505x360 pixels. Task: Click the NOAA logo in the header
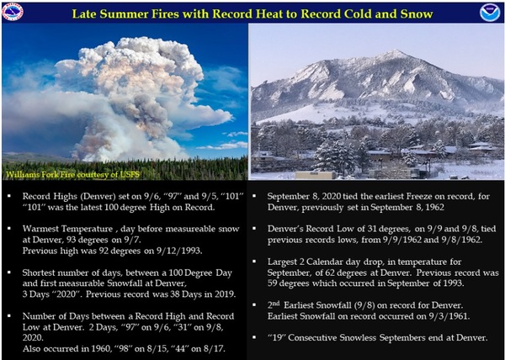[x=490, y=13]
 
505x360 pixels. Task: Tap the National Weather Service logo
[x=13, y=12]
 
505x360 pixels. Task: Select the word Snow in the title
[x=417, y=13]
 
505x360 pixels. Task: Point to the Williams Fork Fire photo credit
[x=72, y=175]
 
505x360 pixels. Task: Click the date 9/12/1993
[x=178, y=251]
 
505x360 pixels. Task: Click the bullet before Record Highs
[x=8, y=196]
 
